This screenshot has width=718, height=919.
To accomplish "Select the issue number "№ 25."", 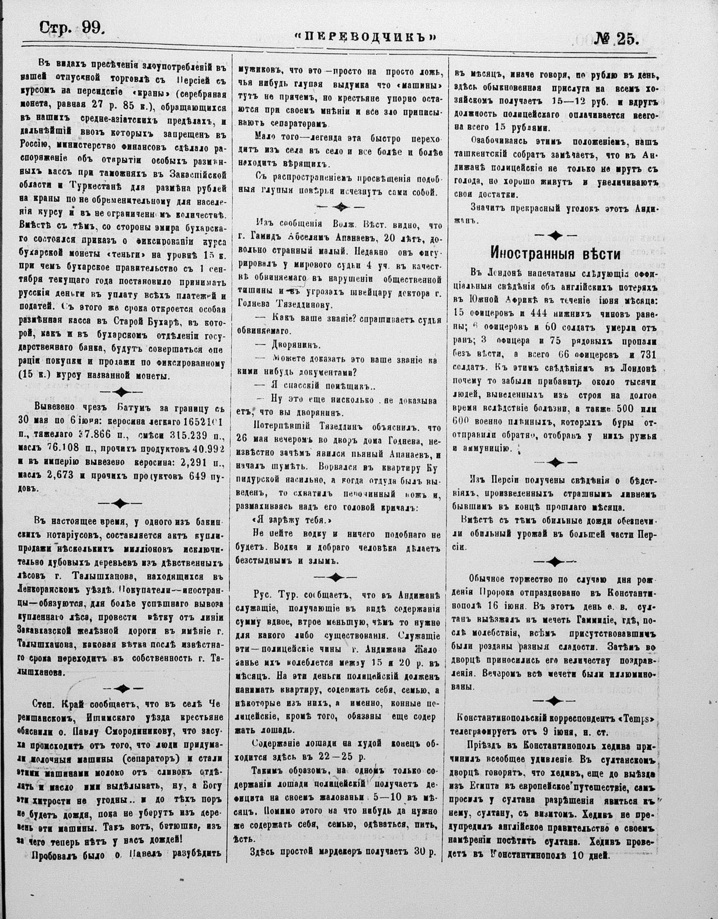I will (x=616, y=38).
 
